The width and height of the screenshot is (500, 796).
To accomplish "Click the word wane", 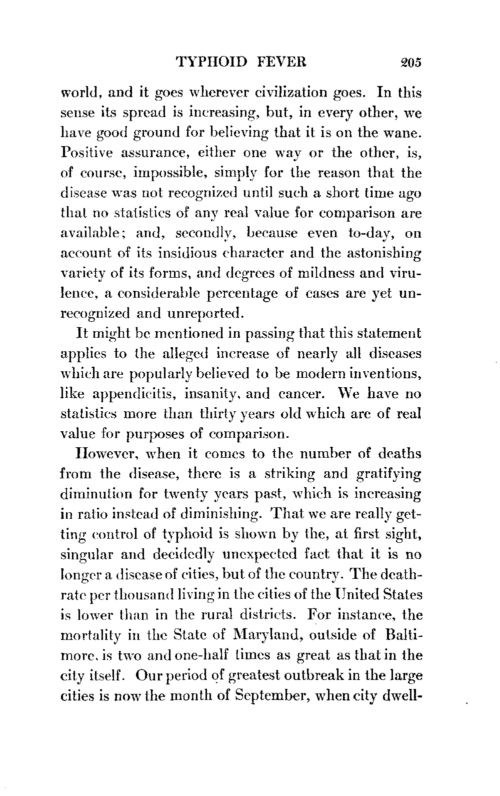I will pos(402,134).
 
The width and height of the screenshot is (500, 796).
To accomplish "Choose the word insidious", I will pos(177,254).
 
